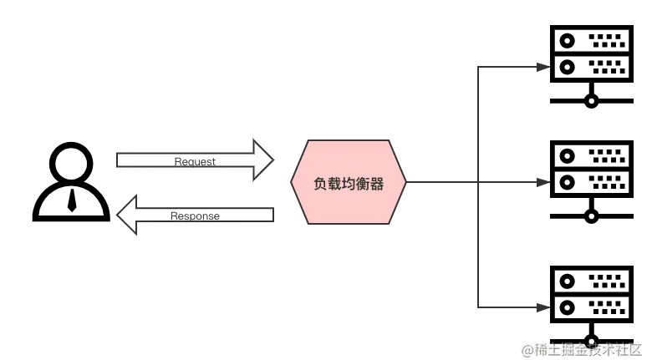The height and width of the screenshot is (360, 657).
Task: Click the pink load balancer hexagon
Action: click(x=349, y=182)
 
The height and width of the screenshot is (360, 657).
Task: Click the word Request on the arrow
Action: click(x=195, y=161)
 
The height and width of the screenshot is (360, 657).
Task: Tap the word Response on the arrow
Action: click(x=195, y=215)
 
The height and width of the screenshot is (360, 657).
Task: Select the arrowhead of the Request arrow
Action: click(x=262, y=160)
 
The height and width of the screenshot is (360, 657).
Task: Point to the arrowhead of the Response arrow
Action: click(x=127, y=215)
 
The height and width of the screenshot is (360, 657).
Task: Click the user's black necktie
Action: click(x=72, y=200)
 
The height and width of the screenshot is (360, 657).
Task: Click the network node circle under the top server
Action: click(x=592, y=102)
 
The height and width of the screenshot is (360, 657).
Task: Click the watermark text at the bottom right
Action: click(x=582, y=349)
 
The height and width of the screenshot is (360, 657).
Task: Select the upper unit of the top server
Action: click(x=591, y=39)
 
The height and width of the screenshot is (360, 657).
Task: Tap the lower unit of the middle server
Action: click(x=591, y=180)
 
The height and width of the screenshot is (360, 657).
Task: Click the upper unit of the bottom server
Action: click(x=591, y=280)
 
